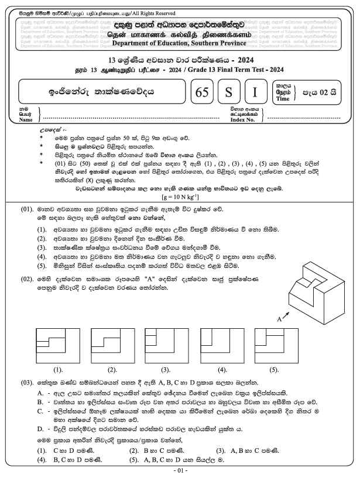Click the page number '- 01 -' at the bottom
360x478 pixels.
coord(180,470)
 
